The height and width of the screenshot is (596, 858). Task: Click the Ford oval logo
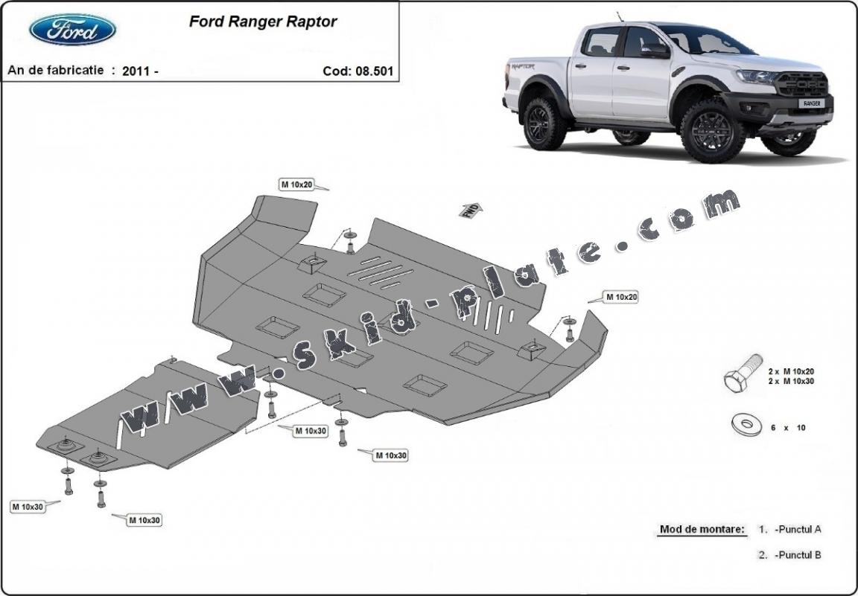click(72, 31)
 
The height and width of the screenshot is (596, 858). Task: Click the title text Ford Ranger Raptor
click(262, 21)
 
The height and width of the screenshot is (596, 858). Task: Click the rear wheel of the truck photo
click(544, 123)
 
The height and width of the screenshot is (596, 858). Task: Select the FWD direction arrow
click(470, 209)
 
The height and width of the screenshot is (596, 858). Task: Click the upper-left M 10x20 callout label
click(296, 185)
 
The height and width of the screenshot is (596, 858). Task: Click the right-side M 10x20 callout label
click(621, 297)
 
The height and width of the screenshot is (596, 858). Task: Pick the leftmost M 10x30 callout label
click(27, 507)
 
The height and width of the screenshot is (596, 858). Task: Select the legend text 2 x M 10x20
click(791, 371)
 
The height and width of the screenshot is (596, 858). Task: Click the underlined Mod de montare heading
click(702, 530)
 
